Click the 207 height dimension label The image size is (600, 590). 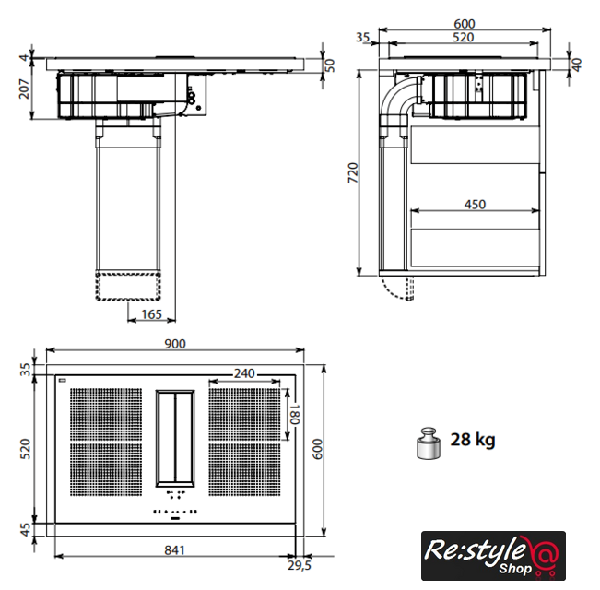tap(24, 89)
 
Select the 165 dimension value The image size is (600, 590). tap(151, 314)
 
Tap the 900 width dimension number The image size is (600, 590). tap(175, 344)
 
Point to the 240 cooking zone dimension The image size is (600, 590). tap(244, 373)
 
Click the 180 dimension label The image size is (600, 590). tap(294, 414)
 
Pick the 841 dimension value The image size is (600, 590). tap(174, 549)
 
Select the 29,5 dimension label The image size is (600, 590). tap(300, 565)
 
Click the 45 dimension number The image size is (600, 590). tap(25, 530)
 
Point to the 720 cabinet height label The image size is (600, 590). tap(353, 172)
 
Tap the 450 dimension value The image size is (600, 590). tap(475, 205)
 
